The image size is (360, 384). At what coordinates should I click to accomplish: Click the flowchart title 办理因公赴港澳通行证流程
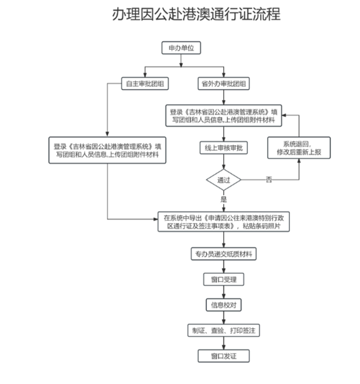coord(196,14)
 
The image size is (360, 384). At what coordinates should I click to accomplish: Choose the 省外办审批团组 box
coord(223,84)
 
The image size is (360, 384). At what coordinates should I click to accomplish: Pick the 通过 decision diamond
coord(223,180)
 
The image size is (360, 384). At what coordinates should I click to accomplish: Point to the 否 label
coord(269,180)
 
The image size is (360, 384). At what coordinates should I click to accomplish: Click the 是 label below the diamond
coord(223,200)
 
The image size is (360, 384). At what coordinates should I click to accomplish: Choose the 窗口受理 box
coord(223,280)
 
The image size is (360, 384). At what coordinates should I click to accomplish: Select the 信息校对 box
coord(223,305)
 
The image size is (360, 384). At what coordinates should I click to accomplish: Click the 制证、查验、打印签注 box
coord(223,330)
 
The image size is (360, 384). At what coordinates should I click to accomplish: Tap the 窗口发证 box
coord(223,356)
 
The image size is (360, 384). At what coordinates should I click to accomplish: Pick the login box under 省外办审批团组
coord(223,116)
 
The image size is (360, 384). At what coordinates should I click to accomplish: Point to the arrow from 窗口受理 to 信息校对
coord(223,292)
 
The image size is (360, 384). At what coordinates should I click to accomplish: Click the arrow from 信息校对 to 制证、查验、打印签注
coord(223,318)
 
